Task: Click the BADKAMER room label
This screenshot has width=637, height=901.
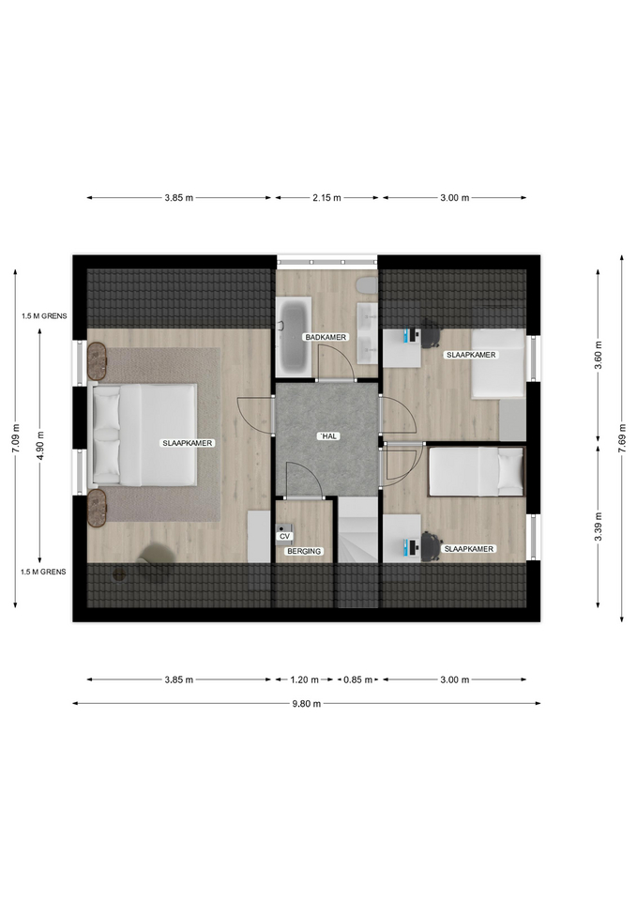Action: pyautogui.click(x=326, y=337)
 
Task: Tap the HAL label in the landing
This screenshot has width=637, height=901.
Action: pyautogui.click(x=328, y=436)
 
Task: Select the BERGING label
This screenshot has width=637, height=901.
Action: pyautogui.click(x=304, y=551)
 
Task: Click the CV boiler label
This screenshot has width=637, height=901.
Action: pyautogui.click(x=284, y=536)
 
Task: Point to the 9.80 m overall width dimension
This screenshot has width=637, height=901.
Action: pyautogui.click(x=306, y=703)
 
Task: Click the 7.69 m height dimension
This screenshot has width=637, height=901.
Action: pyautogui.click(x=622, y=438)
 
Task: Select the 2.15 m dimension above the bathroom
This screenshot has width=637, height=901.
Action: pyautogui.click(x=326, y=198)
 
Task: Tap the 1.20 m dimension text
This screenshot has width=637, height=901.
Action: pyautogui.click(x=304, y=680)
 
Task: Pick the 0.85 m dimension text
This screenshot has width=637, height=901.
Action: pyautogui.click(x=357, y=680)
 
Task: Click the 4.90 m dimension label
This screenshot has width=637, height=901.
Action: pyautogui.click(x=39, y=445)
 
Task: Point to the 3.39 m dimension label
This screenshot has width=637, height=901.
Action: pyautogui.click(x=598, y=527)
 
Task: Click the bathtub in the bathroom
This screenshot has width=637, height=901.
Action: pyautogui.click(x=294, y=336)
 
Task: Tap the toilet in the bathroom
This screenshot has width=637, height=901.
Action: pyautogui.click(x=366, y=285)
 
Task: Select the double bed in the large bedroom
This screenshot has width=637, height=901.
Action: pyautogui.click(x=144, y=435)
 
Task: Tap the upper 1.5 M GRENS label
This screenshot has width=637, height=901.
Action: pyautogui.click(x=44, y=316)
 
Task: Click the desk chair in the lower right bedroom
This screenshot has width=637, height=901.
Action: pyautogui.click(x=431, y=546)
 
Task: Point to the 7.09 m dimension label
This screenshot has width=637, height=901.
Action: pyautogui.click(x=16, y=438)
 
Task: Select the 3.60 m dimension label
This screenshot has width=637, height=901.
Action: pyautogui.click(x=598, y=355)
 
